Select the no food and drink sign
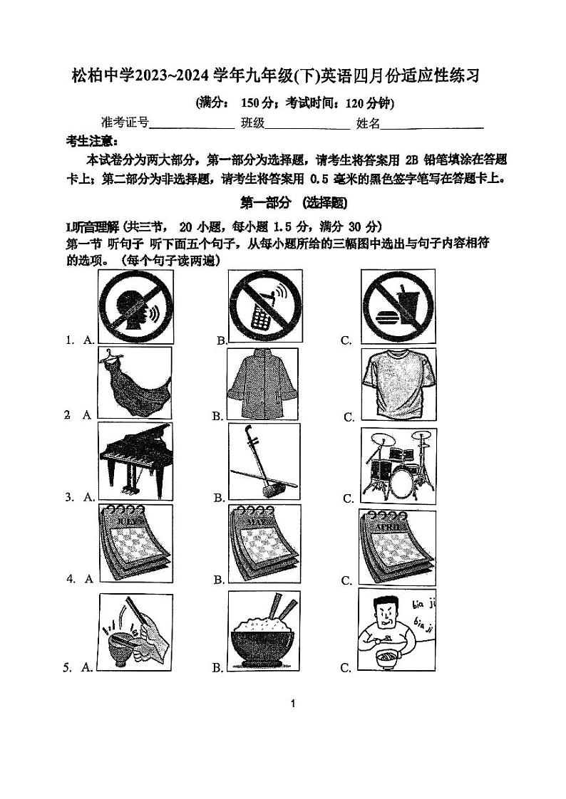click(x=398, y=307)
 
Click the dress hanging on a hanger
click(x=135, y=382)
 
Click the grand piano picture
click(x=135, y=462)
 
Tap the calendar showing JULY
click(x=135, y=544)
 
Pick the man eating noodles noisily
click(x=395, y=631)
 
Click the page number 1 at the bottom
click(x=292, y=704)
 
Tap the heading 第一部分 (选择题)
click(x=294, y=203)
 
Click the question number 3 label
click(x=70, y=497)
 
